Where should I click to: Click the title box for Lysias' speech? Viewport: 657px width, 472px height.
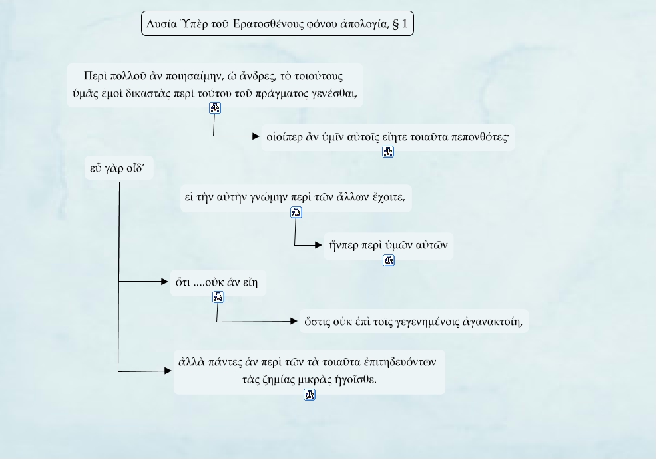[x=277, y=24]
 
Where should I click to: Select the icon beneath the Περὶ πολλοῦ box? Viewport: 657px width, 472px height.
[x=214, y=108]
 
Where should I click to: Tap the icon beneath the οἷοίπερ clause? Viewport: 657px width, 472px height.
[x=388, y=152]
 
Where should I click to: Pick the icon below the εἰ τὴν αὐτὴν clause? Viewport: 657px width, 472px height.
[x=296, y=212]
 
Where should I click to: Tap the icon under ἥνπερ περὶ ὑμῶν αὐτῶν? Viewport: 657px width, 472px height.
[x=389, y=260]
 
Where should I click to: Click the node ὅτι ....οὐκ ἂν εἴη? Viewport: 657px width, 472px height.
[x=217, y=282]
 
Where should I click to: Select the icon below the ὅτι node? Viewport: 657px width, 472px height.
[x=218, y=298]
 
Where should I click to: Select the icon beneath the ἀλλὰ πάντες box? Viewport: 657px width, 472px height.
[x=309, y=395]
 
